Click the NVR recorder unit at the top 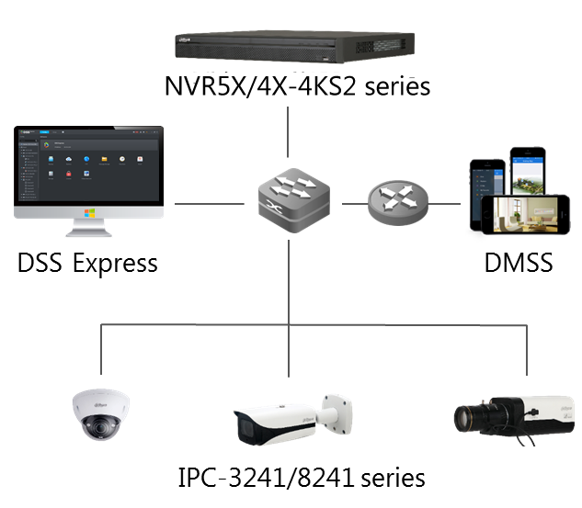click(294, 51)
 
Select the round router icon click(398, 202)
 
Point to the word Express click(116, 264)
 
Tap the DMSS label click(519, 263)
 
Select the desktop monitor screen click(89, 169)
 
